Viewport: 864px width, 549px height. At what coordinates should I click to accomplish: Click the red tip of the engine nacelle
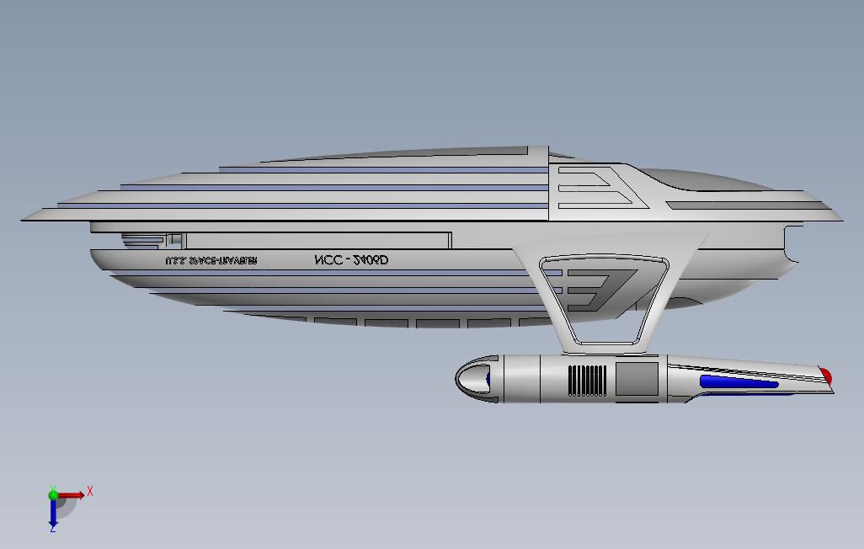(x=826, y=376)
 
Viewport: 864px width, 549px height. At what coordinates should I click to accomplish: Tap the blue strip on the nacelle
(x=739, y=382)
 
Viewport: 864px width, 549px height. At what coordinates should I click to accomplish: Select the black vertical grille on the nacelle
(x=587, y=379)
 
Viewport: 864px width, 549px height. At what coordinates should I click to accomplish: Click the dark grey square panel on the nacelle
(x=636, y=379)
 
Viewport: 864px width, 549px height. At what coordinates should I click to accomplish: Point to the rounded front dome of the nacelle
(x=472, y=377)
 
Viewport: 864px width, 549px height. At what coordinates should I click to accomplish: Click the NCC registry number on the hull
(x=351, y=261)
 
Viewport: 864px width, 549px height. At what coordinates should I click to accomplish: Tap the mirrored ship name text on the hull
(x=211, y=261)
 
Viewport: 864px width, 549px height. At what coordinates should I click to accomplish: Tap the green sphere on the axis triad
(x=53, y=495)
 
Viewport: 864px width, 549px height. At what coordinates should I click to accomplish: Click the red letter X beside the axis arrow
(x=90, y=491)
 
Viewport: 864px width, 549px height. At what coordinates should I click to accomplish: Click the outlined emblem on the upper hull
(x=595, y=188)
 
